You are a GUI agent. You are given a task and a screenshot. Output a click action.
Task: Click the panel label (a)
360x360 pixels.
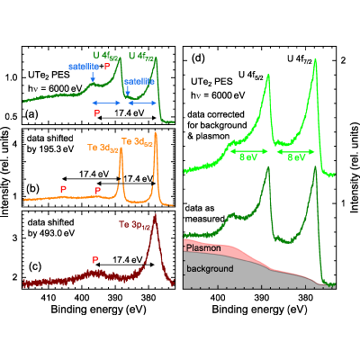[31, 114]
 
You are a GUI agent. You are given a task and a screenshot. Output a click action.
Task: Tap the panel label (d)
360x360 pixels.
[198, 58]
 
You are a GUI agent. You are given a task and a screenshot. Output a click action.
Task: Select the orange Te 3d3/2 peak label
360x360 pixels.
[103, 148]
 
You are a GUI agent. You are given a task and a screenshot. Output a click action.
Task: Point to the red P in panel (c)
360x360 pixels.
[95, 260]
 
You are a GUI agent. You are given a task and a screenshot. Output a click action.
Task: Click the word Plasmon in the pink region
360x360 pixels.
[203, 248]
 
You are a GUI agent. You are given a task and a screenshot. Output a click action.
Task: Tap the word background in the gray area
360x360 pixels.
[210, 268]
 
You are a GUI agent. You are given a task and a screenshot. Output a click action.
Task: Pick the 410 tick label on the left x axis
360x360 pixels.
[49, 298]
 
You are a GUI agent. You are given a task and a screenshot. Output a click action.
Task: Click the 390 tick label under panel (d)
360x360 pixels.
[262, 298]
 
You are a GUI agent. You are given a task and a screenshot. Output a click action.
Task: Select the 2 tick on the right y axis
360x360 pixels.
[344, 60]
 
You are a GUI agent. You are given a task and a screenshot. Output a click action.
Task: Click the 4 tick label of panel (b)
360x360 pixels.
[15, 145]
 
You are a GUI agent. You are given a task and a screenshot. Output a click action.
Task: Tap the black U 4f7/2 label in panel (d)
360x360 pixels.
[300, 59]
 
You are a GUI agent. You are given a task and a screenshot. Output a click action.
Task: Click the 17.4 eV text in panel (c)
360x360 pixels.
[127, 260]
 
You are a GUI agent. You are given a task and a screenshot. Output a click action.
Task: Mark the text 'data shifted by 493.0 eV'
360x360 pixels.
[50, 228]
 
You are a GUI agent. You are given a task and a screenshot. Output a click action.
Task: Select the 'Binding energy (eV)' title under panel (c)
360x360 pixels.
[98, 310]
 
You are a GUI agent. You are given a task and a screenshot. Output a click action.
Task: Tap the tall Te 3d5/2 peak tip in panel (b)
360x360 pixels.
[156, 132]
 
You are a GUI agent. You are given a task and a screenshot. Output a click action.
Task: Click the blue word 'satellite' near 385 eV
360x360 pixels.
[139, 82]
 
